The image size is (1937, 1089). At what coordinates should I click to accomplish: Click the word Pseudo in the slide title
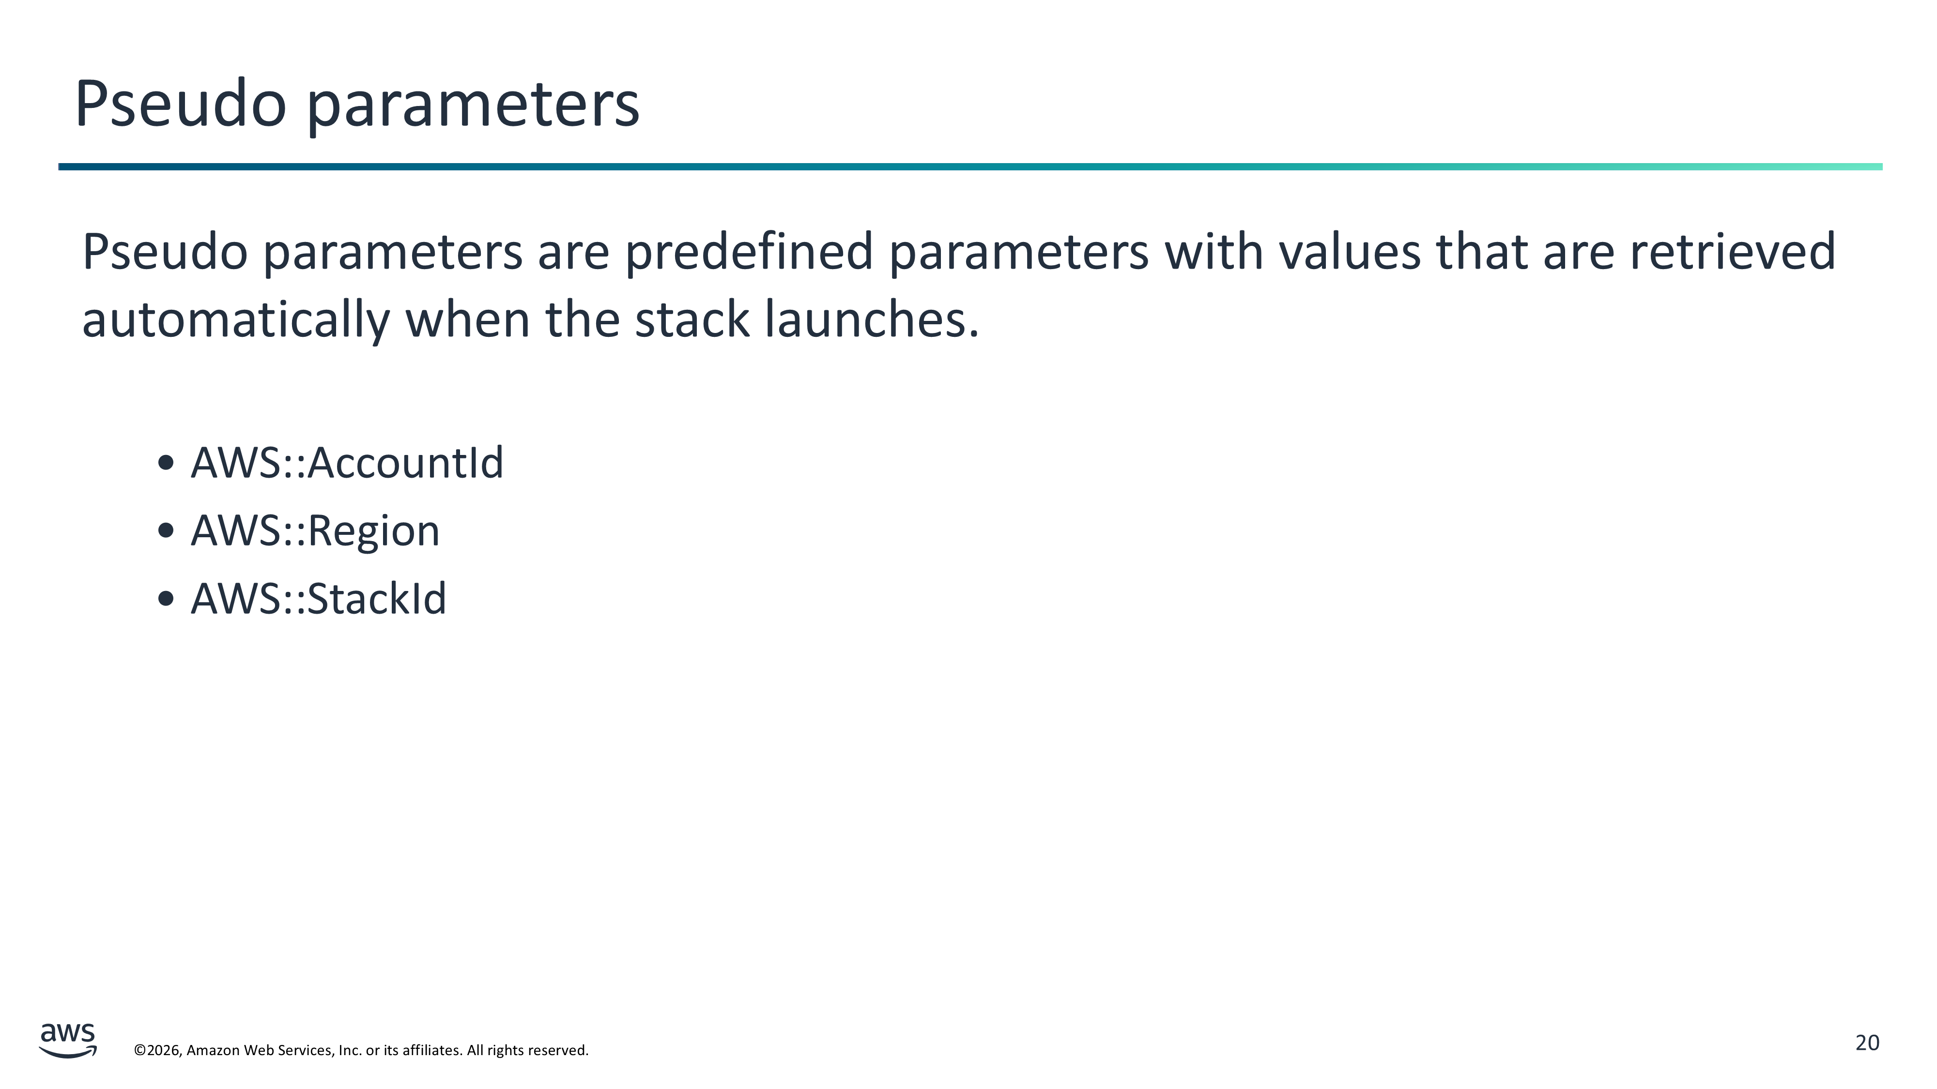coord(181,103)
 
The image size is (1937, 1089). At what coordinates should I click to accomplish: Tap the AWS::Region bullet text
coord(315,532)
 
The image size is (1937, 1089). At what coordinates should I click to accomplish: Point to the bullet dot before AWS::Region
coord(166,530)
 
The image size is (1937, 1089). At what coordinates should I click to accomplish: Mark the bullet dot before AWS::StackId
coord(166,599)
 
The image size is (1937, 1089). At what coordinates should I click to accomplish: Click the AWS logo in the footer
coord(68,1040)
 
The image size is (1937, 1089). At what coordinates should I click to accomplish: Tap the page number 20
coord(1867,1043)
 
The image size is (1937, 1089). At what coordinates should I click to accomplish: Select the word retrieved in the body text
coord(1733,251)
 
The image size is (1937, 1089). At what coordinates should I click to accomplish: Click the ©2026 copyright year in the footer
coord(158,1050)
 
